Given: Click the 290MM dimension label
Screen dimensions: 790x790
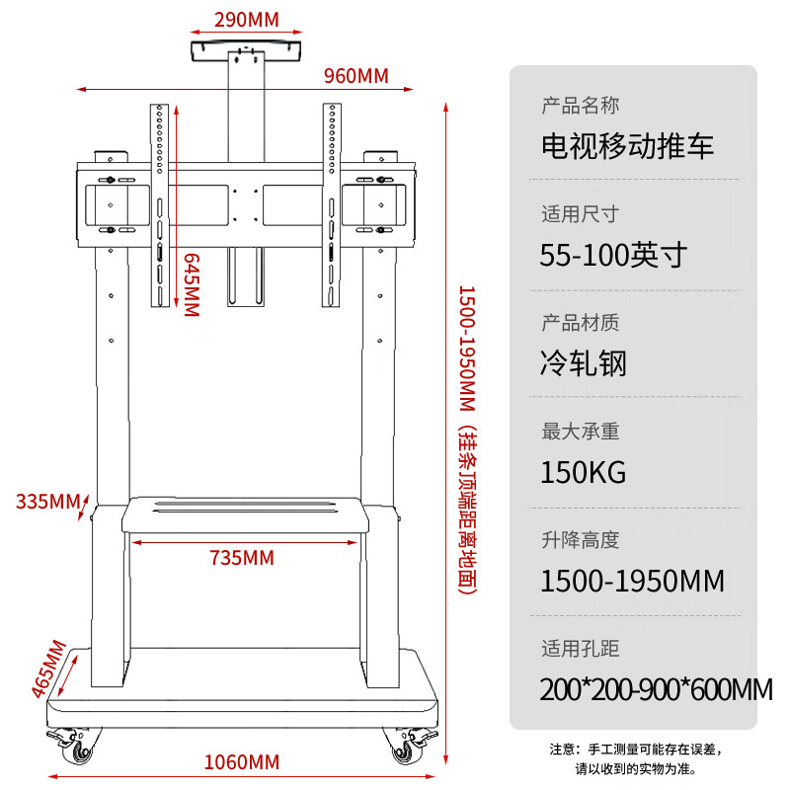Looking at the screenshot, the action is point(246,20).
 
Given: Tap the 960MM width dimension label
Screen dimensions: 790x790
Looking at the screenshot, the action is point(356,76).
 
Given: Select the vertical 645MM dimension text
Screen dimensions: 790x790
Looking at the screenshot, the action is point(192,284).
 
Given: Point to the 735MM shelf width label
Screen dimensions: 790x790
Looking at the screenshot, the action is point(242,558).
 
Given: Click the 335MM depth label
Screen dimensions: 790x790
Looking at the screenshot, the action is point(47,502).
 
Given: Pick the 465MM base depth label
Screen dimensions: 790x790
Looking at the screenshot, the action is point(48,669).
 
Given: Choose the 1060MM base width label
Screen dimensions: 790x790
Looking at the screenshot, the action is point(242,762).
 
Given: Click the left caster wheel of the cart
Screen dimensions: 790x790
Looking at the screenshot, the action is point(74,746).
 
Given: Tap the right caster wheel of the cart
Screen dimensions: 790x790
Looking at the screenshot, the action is point(409,746).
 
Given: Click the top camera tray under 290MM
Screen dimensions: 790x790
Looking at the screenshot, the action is point(246,51).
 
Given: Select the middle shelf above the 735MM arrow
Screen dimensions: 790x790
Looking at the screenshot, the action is point(245,514).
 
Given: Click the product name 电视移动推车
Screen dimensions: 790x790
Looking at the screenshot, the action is point(627,146).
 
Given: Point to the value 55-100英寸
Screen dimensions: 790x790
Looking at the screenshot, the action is point(613,255).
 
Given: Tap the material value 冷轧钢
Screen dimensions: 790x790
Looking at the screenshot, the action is point(583,363).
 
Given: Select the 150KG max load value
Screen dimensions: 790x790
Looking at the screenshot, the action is point(583,472).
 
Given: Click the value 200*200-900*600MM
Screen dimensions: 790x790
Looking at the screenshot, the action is point(656,689).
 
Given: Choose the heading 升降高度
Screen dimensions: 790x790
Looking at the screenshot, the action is point(581,540).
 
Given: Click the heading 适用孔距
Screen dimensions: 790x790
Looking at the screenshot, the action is point(581,649).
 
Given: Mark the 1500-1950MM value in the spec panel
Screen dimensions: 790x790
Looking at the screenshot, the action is point(632,581).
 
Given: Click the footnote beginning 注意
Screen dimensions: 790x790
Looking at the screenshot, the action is point(637,758).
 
